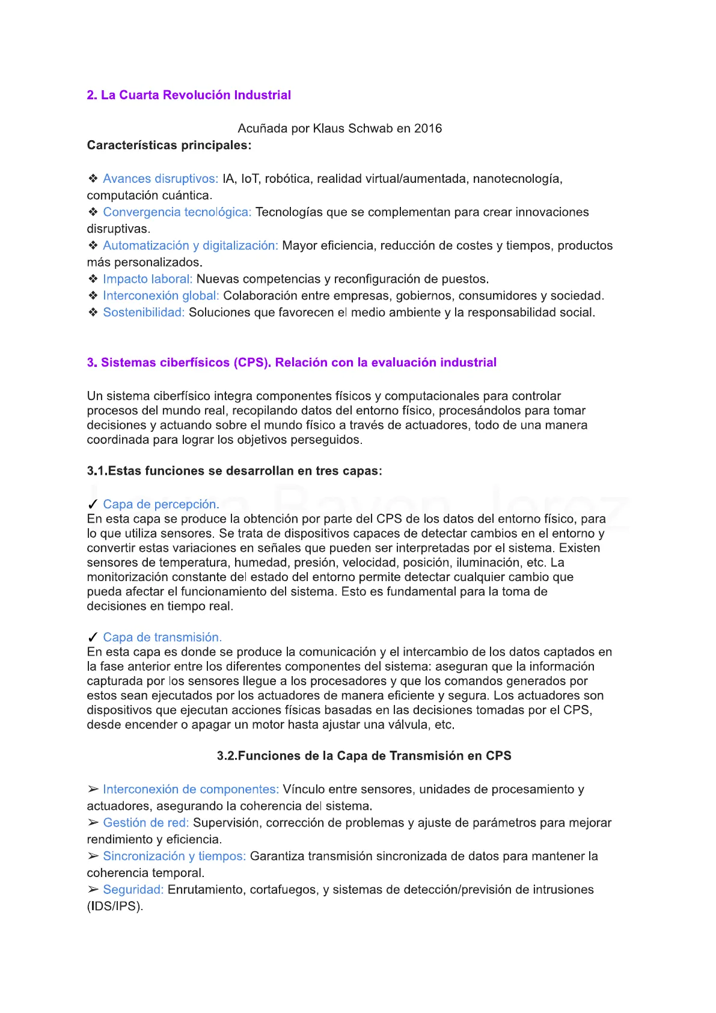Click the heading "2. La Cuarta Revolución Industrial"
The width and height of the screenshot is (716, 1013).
coord(189,95)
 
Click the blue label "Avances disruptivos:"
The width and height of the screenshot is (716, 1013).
coord(161,179)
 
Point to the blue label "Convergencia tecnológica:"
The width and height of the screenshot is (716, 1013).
coord(177,212)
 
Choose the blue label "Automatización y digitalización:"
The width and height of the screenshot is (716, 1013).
coord(190,245)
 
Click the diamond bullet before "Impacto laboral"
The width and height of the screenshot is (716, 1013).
coord(93,279)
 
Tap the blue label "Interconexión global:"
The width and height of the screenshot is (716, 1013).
coord(161,295)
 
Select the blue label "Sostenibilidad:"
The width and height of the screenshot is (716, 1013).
coord(143,312)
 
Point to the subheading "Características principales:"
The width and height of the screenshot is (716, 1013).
coord(169,145)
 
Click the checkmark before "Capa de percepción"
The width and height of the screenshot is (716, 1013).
coord(93,504)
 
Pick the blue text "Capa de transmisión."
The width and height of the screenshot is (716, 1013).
coord(162,637)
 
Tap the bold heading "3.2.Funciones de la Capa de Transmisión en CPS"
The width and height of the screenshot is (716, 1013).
coord(364,756)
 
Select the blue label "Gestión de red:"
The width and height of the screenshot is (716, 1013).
coord(145,822)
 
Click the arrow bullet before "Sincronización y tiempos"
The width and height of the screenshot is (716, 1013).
coord(93,856)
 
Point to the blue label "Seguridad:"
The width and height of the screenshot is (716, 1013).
coord(133,889)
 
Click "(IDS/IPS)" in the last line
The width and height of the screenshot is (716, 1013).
coord(115,906)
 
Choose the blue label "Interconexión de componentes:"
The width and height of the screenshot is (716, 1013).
coord(191,789)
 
